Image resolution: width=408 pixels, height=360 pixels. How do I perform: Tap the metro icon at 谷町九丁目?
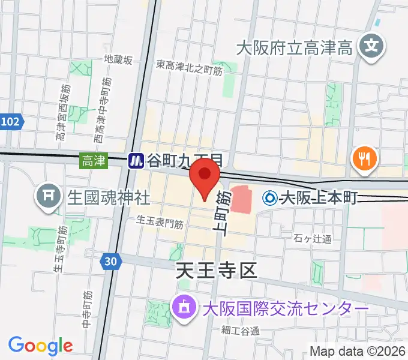coord(136,161)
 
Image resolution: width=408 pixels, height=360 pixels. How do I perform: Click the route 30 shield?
coord(109,262)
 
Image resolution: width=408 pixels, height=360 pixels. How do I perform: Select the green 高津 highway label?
coord(93,160)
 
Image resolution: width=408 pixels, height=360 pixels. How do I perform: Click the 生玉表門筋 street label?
coord(160,223)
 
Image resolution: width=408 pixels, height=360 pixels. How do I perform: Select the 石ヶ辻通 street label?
coord(313,239)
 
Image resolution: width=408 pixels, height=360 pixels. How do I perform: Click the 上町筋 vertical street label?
coord(221,214)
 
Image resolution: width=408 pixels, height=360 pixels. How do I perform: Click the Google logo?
coord(40,346)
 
